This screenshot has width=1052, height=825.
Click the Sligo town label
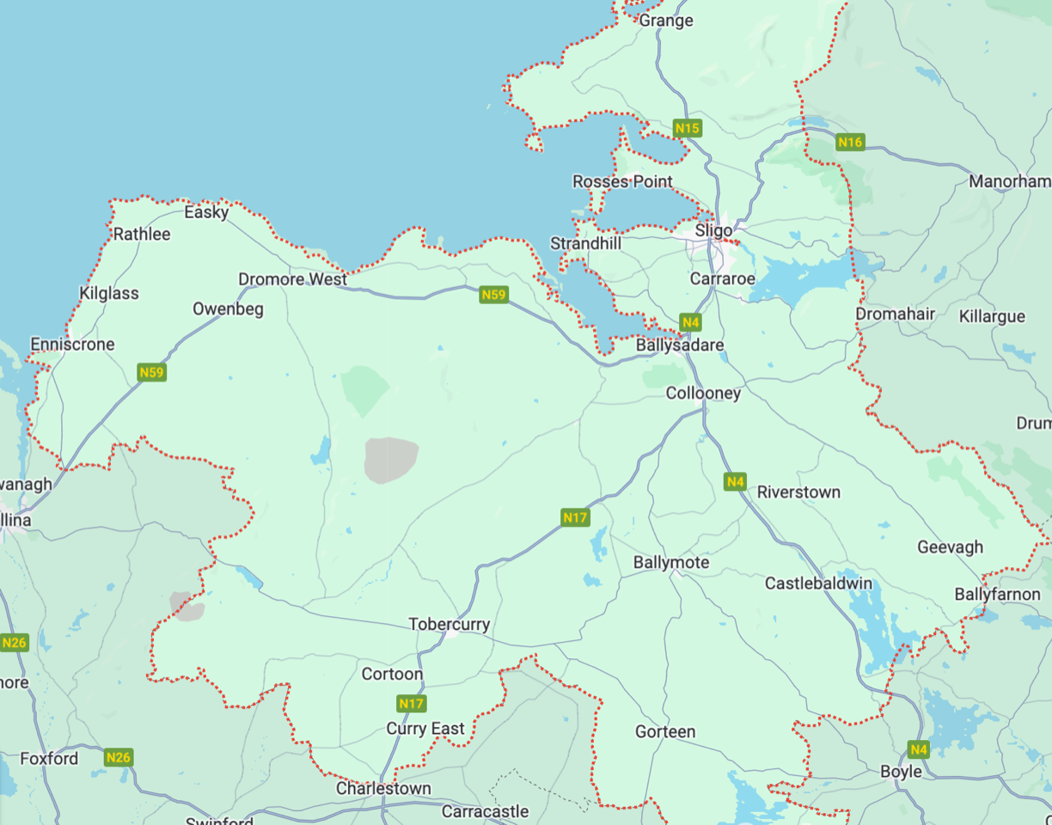pos(713,231)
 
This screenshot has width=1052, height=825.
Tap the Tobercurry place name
pos(449,625)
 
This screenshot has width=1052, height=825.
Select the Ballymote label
pos(671,562)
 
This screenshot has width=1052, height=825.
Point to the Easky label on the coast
pos(206,211)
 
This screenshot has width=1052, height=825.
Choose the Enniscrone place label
pos(72,345)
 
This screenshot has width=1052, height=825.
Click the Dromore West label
pos(292,279)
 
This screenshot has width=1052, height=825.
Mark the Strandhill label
pos(585,244)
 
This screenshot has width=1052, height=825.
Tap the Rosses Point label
pos(622,181)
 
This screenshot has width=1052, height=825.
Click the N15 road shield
pos(688,129)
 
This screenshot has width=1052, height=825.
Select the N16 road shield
pos(849,142)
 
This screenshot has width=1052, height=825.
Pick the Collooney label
pos(703,393)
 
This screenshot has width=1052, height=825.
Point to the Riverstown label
pos(798,492)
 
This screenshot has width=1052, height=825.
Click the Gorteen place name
pos(665,731)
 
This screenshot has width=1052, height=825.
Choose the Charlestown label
pos(383,788)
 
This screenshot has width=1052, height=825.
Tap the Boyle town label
pos(901,771)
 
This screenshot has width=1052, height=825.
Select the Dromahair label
pos(895,314)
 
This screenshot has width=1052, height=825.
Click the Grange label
pos(666,21)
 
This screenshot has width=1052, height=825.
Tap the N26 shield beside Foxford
pos(119,757)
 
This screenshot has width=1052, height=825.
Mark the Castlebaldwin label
pos(818,584)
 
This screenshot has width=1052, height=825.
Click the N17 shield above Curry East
pos(412,704)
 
